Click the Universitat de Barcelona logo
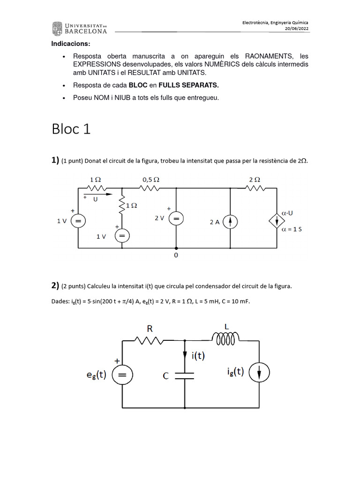(80, 28)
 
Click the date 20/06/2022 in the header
(297, 28)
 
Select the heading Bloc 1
(71, 129)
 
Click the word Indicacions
(71, 44)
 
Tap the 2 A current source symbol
(230, 222)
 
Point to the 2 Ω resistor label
(255, 179)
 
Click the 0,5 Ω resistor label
(151, 179)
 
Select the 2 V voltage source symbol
(176, 218)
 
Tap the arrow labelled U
(98, 194)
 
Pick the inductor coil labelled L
(226, 337)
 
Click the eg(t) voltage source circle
(123, 375)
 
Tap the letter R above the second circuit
(150, 329)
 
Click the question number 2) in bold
(55, 285)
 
